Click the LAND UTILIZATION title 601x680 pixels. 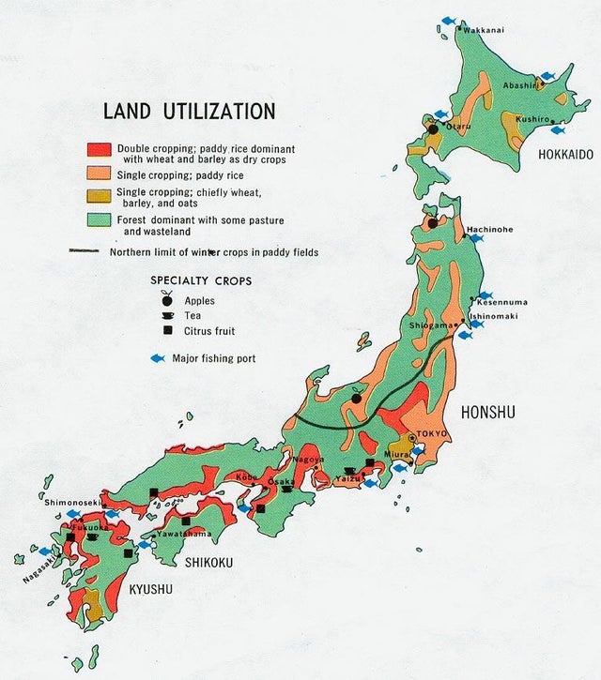click(189, 112)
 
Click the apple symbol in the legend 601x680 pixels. click(167, 299)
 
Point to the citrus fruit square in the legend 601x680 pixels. click(167, 331)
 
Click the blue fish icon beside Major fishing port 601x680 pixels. click(158, 358)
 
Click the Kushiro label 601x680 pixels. click(532, 120)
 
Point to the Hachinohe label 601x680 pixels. click(488, 228)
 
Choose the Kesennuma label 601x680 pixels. click(502, 302)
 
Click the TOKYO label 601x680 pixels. click(430, 433)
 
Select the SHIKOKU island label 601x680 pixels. click(208, 563)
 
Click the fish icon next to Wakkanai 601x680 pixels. click(450, 21)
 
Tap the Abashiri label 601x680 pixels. click(520, 85)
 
